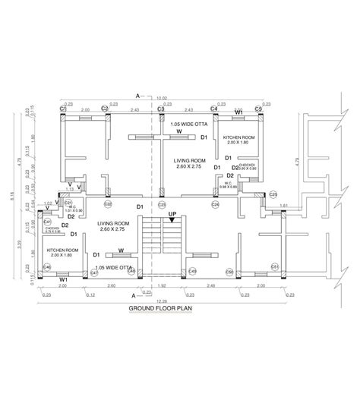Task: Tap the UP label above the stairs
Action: pyautogui.click(x=172, y=214)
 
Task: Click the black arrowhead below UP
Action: pyautogui.click(x=172, y=221)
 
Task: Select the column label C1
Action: pyautogui.click(x=64, y=110)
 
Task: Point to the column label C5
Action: pyautogui.click(x=259, y=110)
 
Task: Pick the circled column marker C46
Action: pyautogui.click(x=46, y=267)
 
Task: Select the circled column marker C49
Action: pyautogui.click(x=193, y=271)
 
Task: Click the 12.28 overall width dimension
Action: pyautogui.click(x=160, y=301)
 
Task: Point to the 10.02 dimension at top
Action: pyautogui.click(x=161, y=98)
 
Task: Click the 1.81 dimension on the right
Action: pyautogui.click(x=284, y=205)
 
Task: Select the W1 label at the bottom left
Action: pyautogui.click(x=65, y=279)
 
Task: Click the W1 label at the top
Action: pyautogui.click(x=238, y=112)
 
